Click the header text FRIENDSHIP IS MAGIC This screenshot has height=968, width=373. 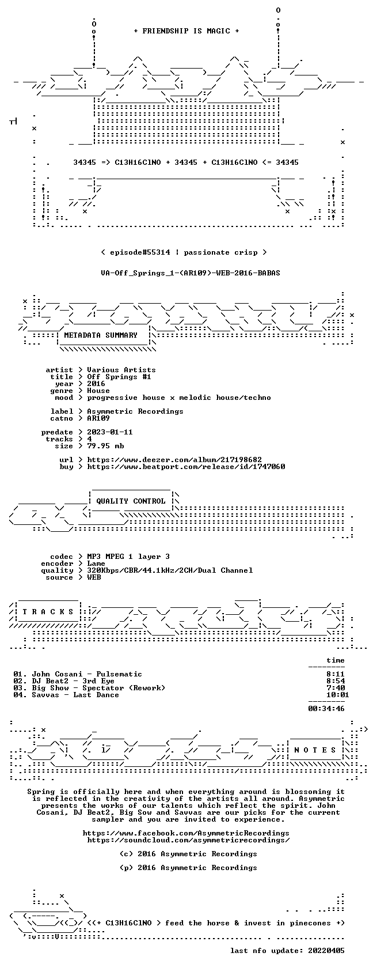tap(186, 31)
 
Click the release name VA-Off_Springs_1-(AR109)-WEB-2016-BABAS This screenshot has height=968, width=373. tap(191, 273)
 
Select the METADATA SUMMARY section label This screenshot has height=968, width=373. tap(101, 335)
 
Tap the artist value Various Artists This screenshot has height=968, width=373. tap(121, 370)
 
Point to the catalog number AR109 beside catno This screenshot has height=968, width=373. tap(98, 418)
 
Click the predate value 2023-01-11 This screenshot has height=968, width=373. tap(110, 432)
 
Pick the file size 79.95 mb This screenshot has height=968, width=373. tap(105, 446)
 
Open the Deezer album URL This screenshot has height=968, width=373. tap(174, 460)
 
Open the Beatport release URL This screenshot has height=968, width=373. tap(186, 467)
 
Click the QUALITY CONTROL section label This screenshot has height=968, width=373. tap(131, 501)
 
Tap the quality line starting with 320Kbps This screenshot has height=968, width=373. tap(170, 570)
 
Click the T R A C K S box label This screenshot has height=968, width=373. tap(48, 612)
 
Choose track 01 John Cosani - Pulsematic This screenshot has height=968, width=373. tap(78, 674)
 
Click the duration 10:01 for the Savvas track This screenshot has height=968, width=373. tap(337, 695)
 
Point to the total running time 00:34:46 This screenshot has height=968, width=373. tap(326, 709)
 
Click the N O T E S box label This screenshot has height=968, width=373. tap(315, 750)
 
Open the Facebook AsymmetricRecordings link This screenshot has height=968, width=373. tap(186, 833)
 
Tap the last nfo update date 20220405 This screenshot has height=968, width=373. tap(326, 951)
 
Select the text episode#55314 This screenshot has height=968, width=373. tap(140, 252)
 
